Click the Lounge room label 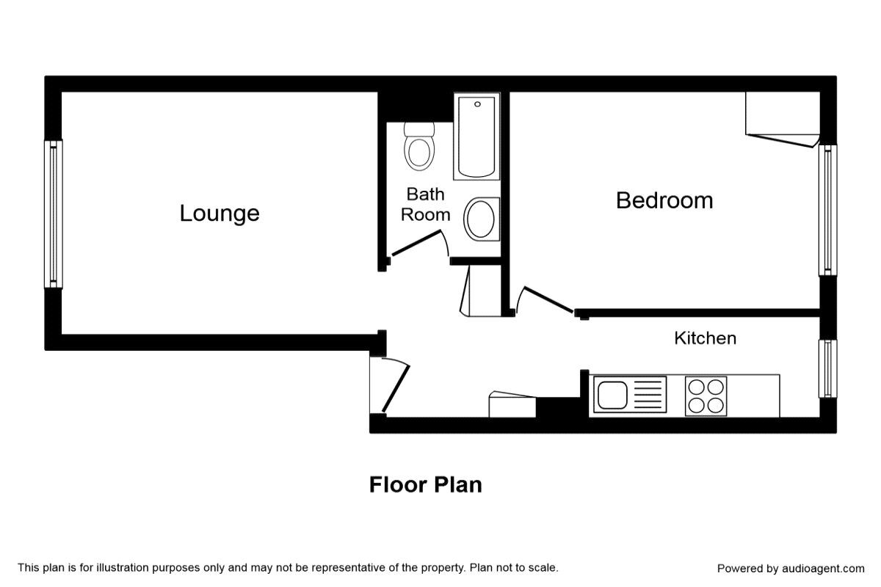[x=220, y=214]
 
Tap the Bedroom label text [x=664, y=200]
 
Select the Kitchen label [x=705, y=338]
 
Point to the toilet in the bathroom [x=419, y=147]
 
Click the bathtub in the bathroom [x=476, y=136]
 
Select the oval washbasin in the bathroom [x=481, y=219]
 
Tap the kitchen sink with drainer [x=629, y=395]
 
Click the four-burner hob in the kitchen [x=706, y=395]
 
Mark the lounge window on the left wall [x=53, y=214]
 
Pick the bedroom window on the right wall [x=827, y=210]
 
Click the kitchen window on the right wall [x=827, y=368]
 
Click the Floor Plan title [x=425, y=485]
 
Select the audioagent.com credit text [x=791, y=569]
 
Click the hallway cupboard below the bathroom [x=467, y=291]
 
